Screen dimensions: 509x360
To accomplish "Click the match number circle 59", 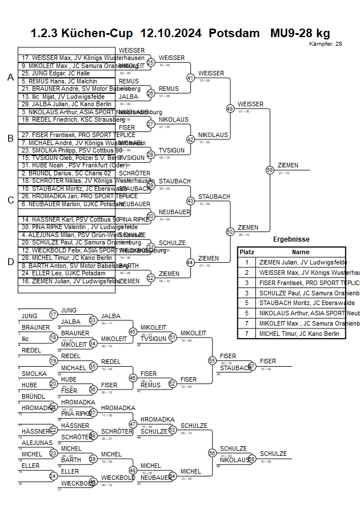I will [x=270, y=169].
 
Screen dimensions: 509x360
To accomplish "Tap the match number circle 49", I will [x=230, y=108].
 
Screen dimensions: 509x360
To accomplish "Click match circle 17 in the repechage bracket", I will [x=53, y=314].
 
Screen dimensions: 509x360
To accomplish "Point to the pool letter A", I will [x=10, y=77].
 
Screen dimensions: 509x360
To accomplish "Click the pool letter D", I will [x=10, y=262].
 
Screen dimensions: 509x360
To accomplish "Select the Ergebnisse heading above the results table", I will [x=291, y=239].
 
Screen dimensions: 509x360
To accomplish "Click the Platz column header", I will [x=247, y=252].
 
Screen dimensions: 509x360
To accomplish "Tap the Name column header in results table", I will [x=301, y=252].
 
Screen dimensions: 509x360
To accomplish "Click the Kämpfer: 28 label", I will [x=325, y=44].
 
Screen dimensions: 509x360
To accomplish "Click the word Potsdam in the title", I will [x=234, y=33].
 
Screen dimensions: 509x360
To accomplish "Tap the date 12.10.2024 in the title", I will [x=170, y=33].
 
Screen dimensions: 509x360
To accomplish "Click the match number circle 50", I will [x=230, y=231].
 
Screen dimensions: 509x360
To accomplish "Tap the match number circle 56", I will [x=213, y=452].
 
